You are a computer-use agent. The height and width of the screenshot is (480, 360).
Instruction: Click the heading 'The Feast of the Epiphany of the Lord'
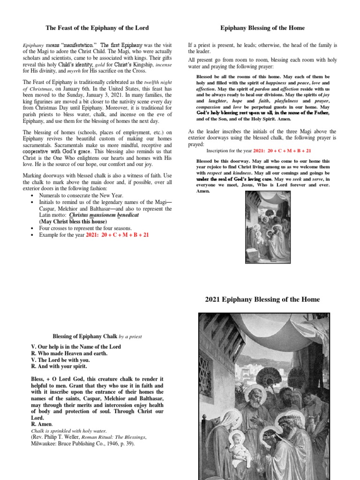click(x=97, y=28)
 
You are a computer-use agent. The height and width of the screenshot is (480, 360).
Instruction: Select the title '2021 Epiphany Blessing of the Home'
click(x=262, y=299)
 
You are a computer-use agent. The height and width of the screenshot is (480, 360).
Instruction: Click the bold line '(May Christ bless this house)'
click(x=78, y=221)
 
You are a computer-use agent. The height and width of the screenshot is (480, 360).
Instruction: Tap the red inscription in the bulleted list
click(x=117, y=234)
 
